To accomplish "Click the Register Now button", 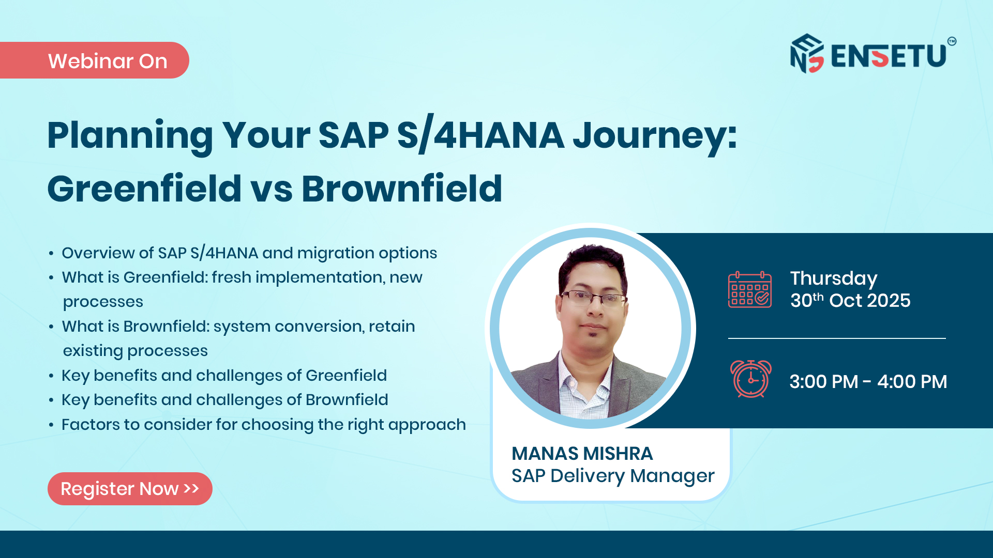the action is [130, 489].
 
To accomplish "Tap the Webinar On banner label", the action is [108, 61].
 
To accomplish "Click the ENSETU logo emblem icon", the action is [807, 54].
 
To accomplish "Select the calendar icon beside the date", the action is [750, 290].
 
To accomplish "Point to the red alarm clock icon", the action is [751, 379].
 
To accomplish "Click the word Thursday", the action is [834, 278].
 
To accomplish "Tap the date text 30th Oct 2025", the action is [850, 301].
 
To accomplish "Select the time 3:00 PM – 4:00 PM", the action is [868, 382].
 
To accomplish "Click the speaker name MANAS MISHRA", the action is [582, 454].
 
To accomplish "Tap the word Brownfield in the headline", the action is [402, 189].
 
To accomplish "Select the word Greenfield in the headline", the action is [144, 189].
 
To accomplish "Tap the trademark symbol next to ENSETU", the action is [952, 41].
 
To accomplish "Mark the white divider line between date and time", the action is [837, 338].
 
